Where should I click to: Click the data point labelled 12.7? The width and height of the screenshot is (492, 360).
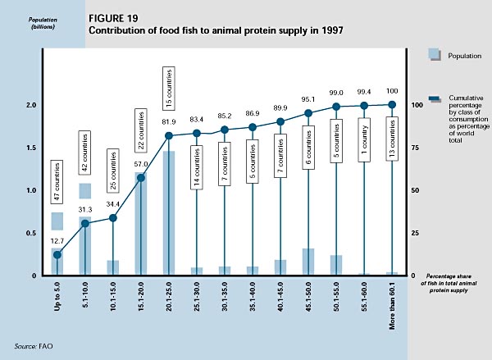[x=57, y=254]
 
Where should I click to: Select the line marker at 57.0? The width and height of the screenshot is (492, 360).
[x=140, y=178]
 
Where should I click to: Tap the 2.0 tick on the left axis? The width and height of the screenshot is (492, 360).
[x=31, y=105]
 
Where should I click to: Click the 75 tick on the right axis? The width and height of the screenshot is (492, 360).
[x=416, y=148]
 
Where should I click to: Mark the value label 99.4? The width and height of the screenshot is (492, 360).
[x=363, y=93]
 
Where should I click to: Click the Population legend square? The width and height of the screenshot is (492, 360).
[x=435, y=54]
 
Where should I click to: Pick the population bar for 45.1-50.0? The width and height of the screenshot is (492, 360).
[x=307, y=262]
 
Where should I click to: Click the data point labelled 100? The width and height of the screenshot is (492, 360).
[x=391, y=105]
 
